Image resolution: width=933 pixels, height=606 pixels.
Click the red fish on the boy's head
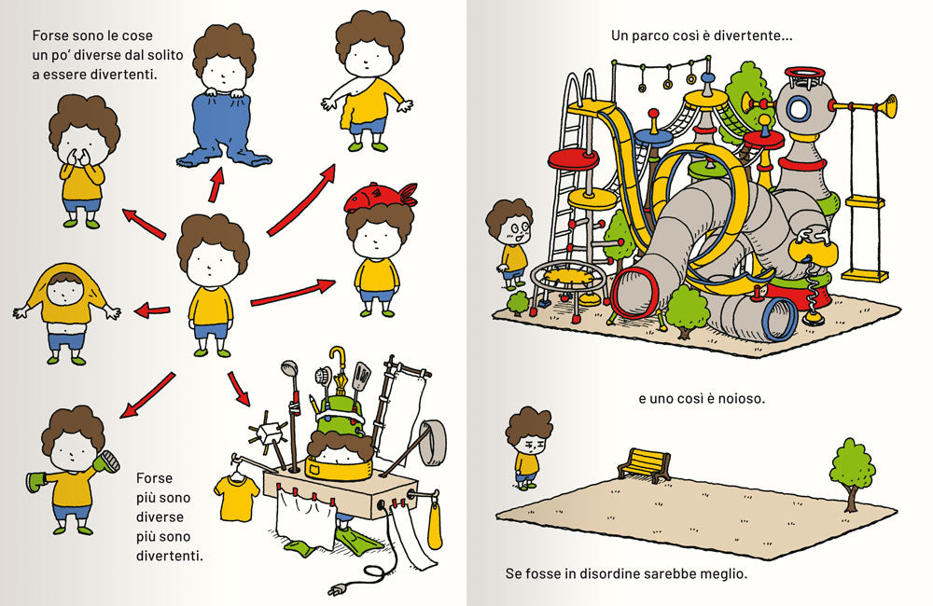380,197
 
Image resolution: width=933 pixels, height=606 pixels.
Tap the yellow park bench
644,464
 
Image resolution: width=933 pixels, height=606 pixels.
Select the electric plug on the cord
336,589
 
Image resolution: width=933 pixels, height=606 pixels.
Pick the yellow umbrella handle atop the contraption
337,357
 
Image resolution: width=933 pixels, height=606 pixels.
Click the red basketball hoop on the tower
804,76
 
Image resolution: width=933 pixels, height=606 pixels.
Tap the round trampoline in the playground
567,277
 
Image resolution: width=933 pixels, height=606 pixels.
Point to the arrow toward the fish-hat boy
293,294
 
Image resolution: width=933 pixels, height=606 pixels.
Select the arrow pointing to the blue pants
216,185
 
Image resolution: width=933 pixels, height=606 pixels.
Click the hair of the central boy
213,241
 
